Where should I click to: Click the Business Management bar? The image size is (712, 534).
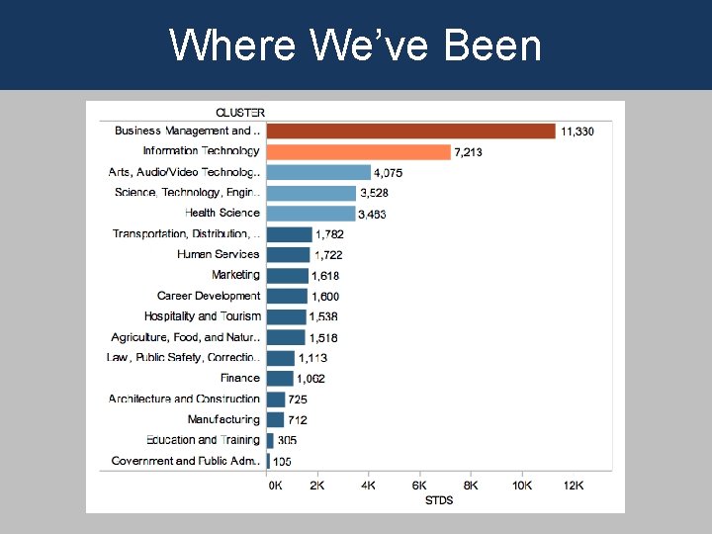coord(410,131)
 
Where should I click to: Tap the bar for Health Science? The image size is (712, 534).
coord(311,213)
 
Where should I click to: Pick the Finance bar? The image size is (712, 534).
coord(280,378)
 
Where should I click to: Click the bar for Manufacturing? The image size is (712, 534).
coord(275,419)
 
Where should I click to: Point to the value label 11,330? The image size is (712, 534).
coord(578,132)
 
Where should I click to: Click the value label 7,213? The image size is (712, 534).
coord(469,152)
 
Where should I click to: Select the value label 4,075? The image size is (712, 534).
coord(388,173)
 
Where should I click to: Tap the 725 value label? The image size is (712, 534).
coord(298,400)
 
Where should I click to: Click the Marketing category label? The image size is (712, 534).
coord(235,275)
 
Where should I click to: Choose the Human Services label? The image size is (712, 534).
coord(218,254)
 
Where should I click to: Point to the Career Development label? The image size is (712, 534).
coord(208,296)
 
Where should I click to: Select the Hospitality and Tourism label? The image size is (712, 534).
coord(202,316)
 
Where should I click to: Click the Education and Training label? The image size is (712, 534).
coord(203,440)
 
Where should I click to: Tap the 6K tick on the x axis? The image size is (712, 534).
coord(419,486)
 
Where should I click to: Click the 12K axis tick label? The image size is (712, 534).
coord(573,486)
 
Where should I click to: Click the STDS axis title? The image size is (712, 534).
coord(438,500)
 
